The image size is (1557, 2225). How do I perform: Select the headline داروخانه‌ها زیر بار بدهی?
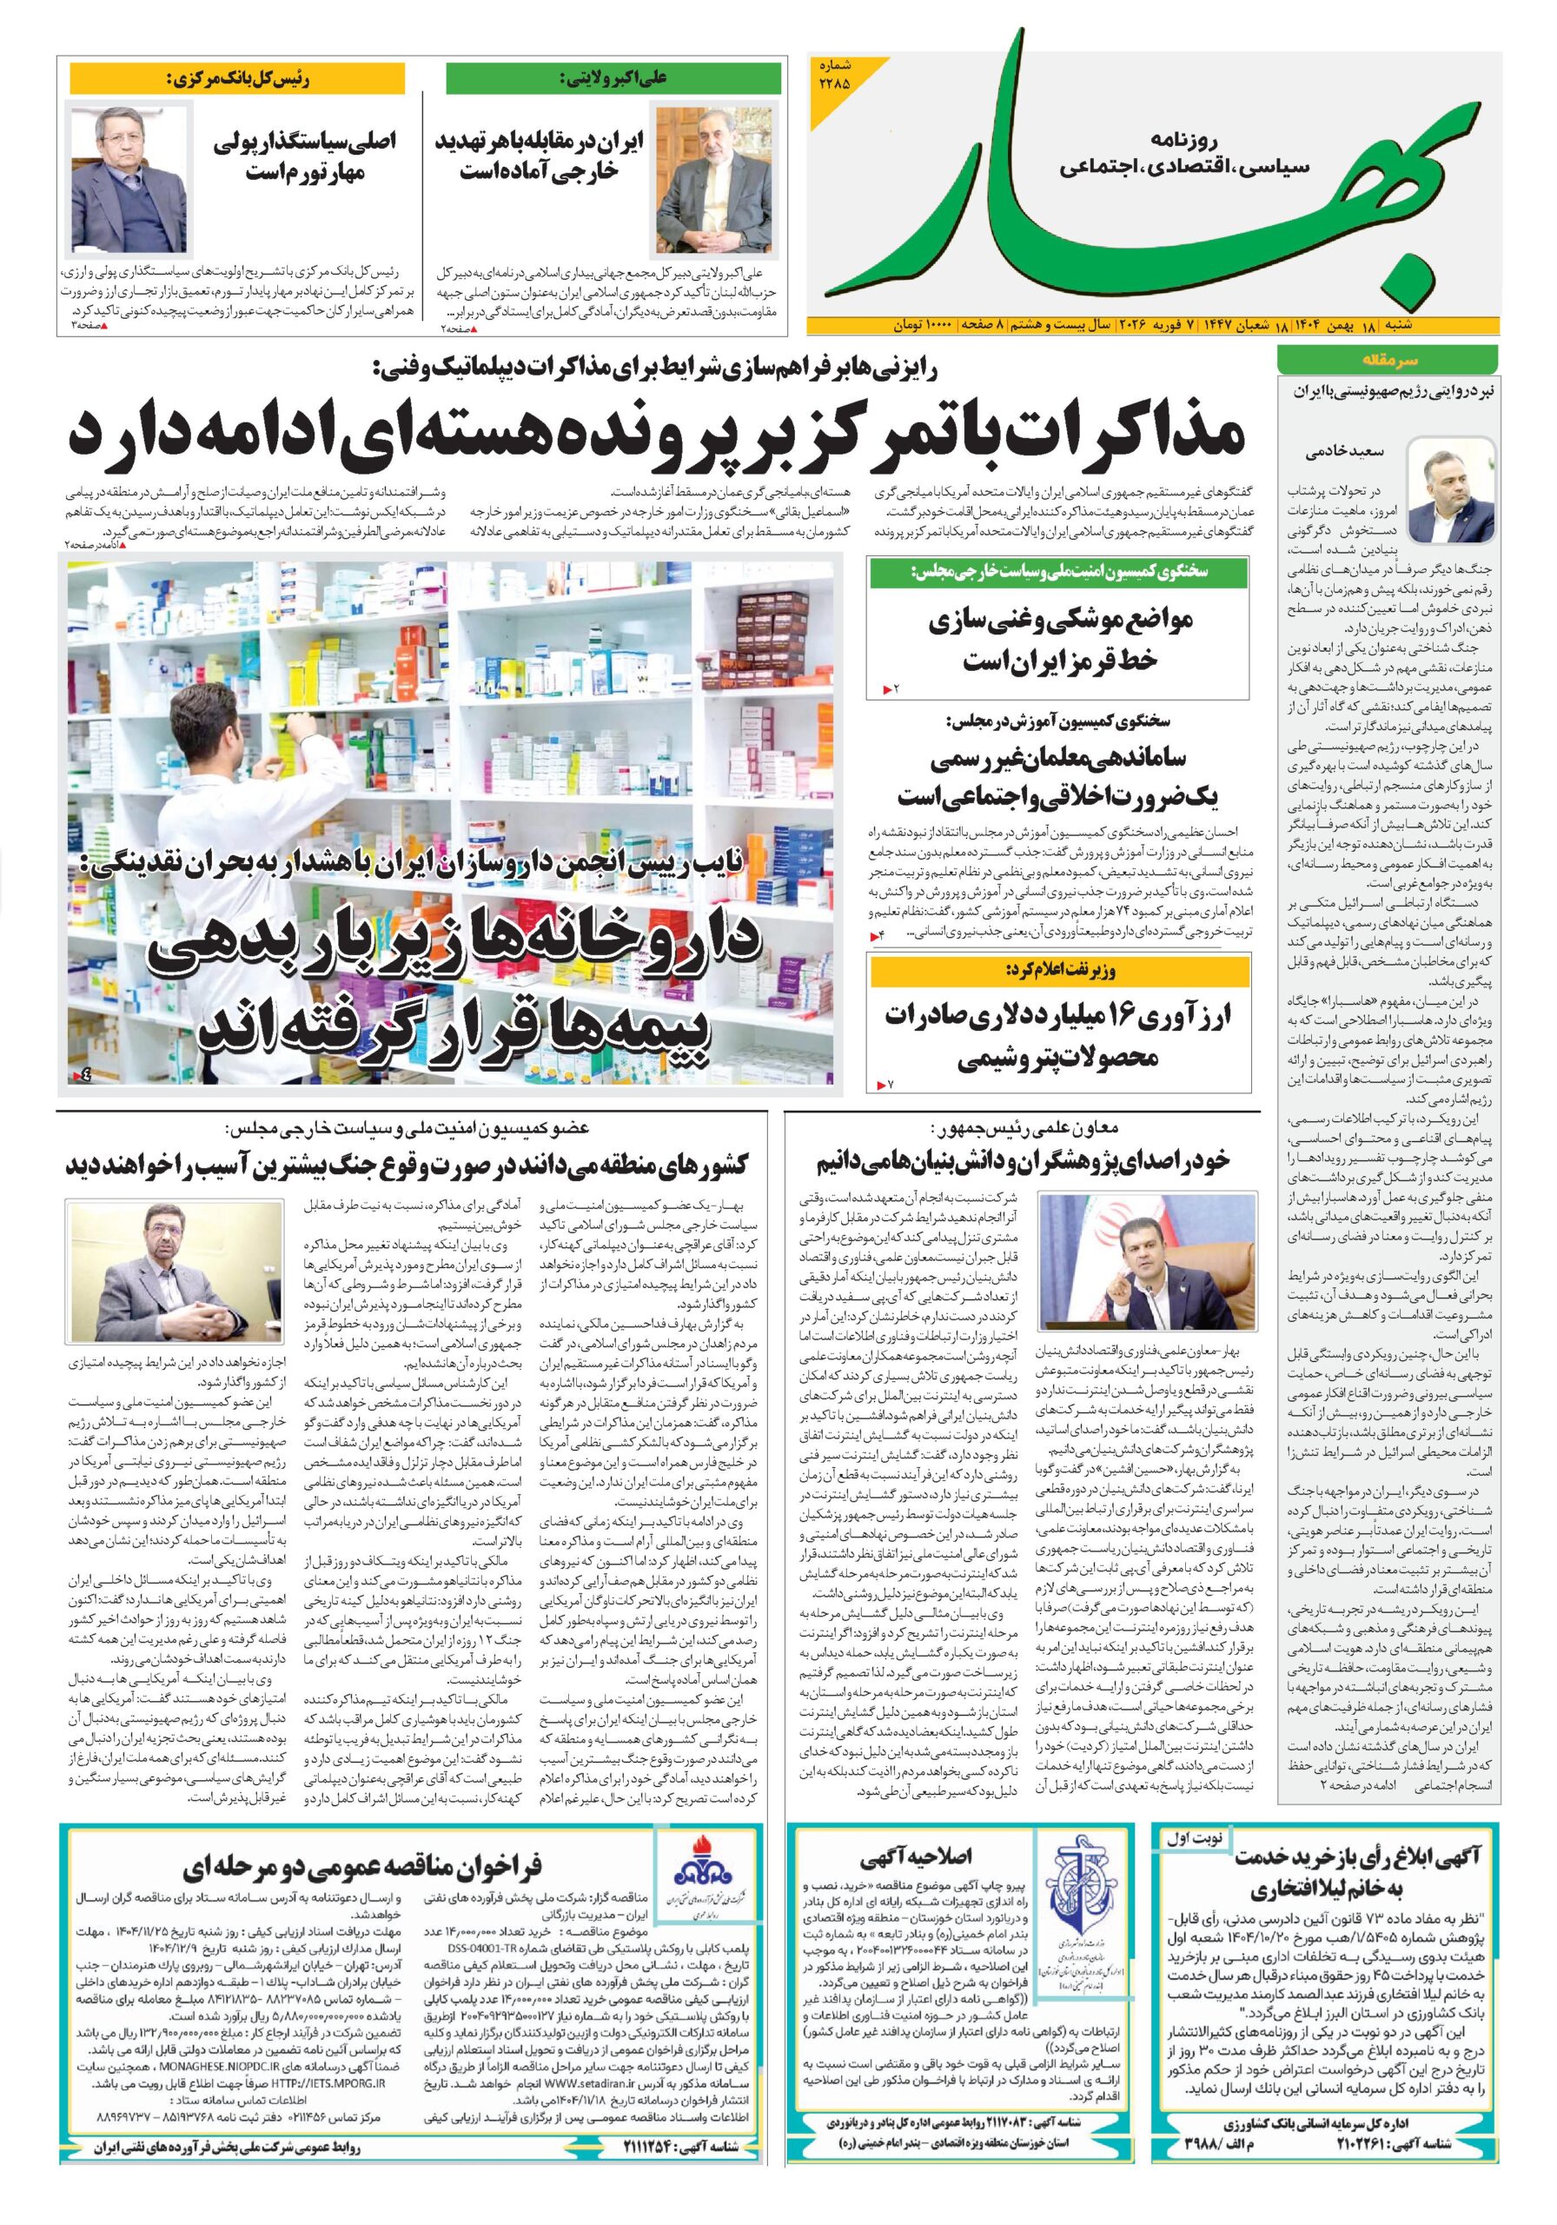pos(455,988)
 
